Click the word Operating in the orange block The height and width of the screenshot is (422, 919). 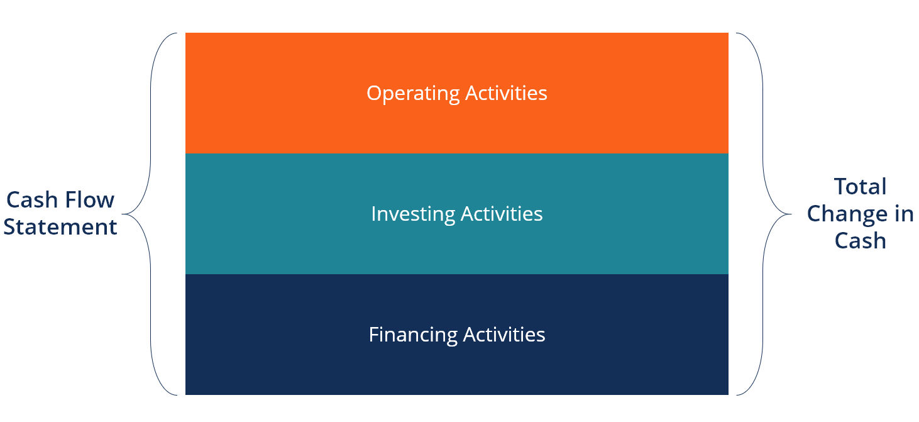[x=413, y=94]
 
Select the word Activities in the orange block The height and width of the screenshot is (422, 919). [x=506, y=93]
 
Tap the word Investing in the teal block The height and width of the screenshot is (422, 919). [x=413, y=214]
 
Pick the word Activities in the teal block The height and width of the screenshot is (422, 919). [x=502, y=213]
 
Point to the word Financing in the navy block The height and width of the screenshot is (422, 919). [x=413, y=335]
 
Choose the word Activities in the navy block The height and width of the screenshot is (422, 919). [x=504, y=334]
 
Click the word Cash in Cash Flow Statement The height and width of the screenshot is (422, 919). [x=32, y=200]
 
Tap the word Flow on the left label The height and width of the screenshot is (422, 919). [x=89, y=199]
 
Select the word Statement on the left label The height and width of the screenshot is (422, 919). [x=60, y=227]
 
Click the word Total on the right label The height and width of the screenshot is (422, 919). [x=861, y=186]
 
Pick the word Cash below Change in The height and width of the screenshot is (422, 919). [x=861, y=240]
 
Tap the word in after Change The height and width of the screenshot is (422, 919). [x=904, y=214]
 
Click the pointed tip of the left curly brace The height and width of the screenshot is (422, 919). [x=123, y=214]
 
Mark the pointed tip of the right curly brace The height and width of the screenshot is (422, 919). [x=791, y=214]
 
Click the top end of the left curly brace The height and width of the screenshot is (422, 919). [x=177, y=33]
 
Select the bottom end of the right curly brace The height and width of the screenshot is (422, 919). [x=737, y=395]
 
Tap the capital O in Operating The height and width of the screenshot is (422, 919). [x=374, y=93]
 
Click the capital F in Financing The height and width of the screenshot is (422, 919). [x=374, y=335]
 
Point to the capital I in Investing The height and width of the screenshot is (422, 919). [x=373, y=214]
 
